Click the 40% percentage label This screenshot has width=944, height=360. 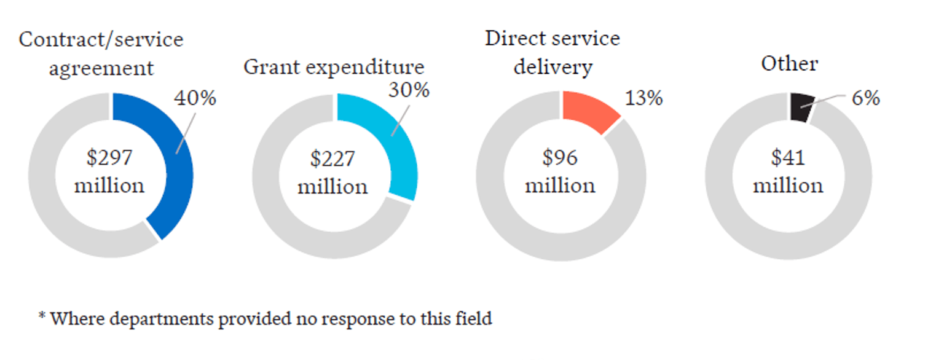point(195,98)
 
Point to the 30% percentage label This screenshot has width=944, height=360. point(409,90)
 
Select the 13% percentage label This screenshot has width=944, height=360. point(643,98)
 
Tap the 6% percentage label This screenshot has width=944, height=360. point(865,98)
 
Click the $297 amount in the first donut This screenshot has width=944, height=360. point(109,158)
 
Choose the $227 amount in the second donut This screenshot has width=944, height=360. point(332,159)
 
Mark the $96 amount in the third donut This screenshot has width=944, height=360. point(560,158)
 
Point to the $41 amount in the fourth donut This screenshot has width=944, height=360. point(788,158)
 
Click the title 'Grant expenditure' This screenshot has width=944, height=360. point(334,67)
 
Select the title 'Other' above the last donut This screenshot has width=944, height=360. point(789,63)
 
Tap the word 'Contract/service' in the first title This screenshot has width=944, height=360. point(101,40)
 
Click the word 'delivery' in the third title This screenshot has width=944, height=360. point(553,66)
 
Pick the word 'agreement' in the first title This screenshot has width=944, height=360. point(101,68)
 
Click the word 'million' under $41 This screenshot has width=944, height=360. point(788,186)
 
